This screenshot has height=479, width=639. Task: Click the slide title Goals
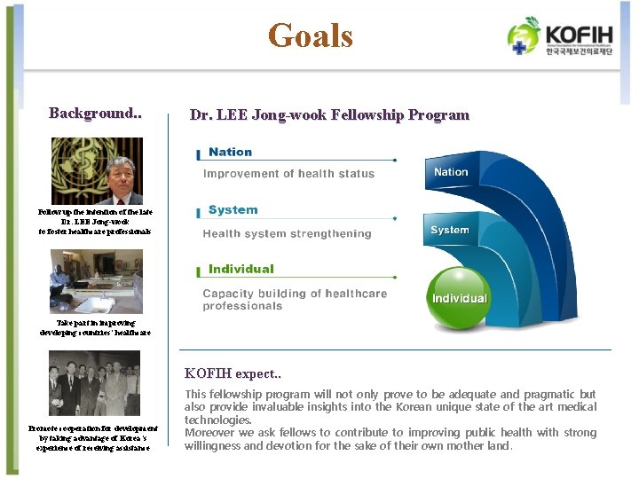coord(311,35)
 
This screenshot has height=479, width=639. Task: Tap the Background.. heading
coord(96,114)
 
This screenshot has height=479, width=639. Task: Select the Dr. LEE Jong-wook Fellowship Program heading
coord(329,114)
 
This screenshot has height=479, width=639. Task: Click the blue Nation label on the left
coord(230,153)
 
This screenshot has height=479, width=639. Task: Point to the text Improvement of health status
coord(288,174)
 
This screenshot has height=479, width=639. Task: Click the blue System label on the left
coord(233,210)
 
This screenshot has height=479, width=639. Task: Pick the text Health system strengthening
coord(287,234)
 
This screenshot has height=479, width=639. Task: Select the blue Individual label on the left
coord(241,269)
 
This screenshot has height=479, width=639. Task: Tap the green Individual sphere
coord(458,299)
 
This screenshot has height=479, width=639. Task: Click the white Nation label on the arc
coord(451,172)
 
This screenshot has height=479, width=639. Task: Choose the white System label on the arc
coord(449,231)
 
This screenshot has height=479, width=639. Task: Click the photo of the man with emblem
coord(96,171)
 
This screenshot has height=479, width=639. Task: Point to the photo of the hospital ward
coord(96,281)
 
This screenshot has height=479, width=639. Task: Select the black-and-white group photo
coord(94,383)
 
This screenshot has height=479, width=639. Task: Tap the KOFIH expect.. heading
coord(232,373)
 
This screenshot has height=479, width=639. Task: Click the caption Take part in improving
coord(96,323)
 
